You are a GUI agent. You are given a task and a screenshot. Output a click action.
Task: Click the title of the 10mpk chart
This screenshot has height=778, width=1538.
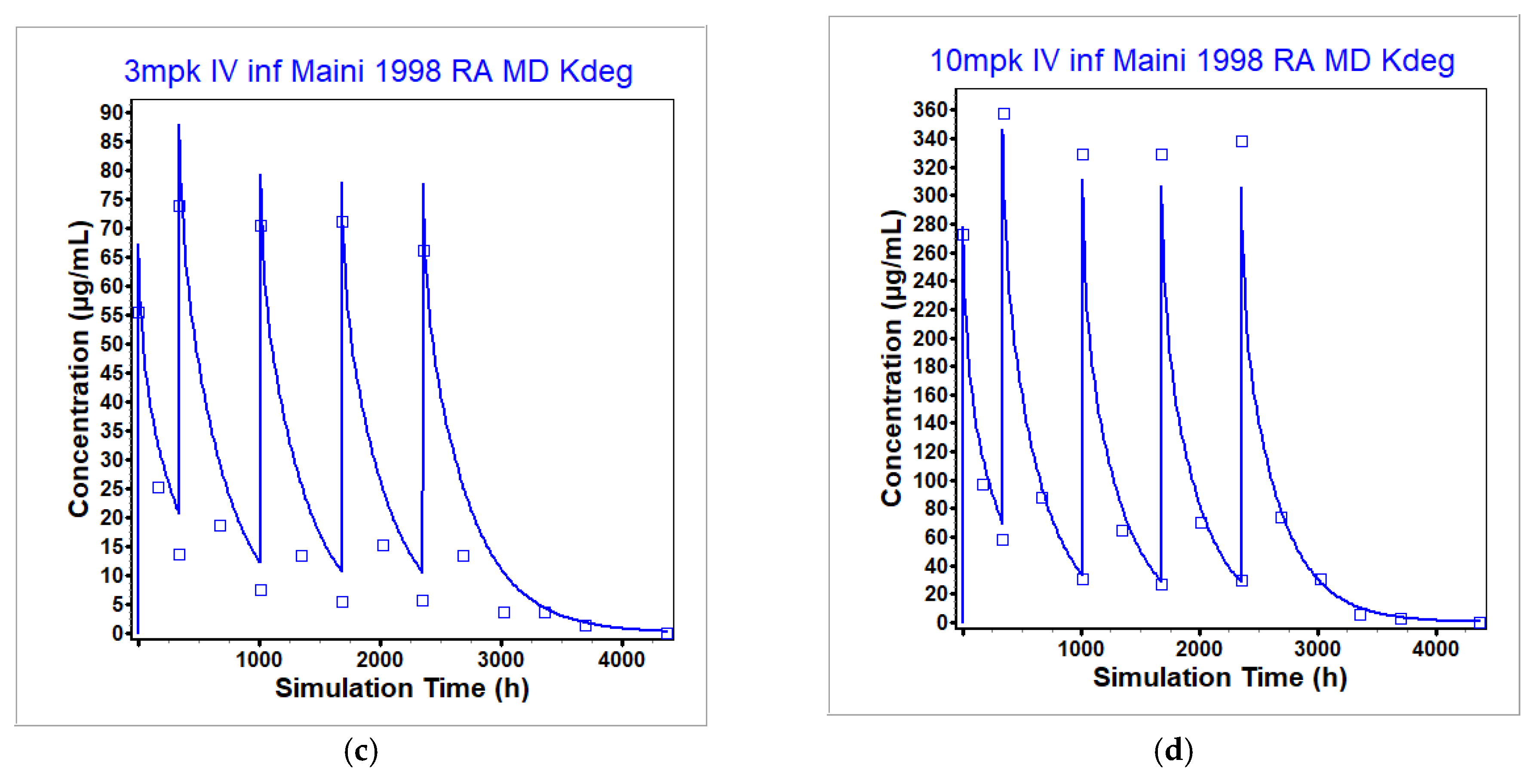click(x=1192, y=61)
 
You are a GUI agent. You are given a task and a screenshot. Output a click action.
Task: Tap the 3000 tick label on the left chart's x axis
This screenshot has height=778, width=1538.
click(x=500, y=660)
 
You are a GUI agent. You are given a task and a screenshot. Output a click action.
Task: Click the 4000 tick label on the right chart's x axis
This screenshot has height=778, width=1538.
click(x=1435, y=649)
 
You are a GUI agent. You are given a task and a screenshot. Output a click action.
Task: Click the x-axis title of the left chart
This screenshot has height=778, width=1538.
click(x=402, y=689)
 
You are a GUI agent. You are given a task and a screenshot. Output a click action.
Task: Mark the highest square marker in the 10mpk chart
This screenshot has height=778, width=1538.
click(x=1004, y=114)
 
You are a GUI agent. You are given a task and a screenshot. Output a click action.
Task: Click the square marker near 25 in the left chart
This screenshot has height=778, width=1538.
click(x=158, y=488)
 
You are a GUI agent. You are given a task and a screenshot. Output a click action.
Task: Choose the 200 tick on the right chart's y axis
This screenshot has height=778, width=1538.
click(x=930, y=338)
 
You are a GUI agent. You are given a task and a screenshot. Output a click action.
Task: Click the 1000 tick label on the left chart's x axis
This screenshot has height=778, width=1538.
click(x=258, y=660)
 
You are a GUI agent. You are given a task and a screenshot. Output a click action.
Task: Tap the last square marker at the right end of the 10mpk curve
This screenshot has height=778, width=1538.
click(x=1480, y=623)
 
